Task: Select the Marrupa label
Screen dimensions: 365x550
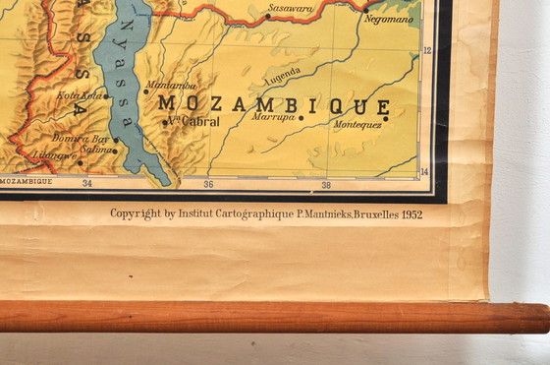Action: (x=273, y=116)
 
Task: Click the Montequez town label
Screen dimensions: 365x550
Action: (x=357, y=125)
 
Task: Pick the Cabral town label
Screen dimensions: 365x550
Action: (x=194, y=121)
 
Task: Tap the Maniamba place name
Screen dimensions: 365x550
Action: (x=171, y=85)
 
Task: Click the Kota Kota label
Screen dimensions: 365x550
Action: (x=80, y=95)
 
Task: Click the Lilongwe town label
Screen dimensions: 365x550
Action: (x=54, y=155)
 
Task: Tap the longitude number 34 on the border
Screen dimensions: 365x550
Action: (x=87, y=183)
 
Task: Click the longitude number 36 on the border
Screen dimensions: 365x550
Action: (x=208, y=183)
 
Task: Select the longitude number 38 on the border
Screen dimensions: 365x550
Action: (x=326, y=183)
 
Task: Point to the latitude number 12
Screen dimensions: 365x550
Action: (x=426, y=50)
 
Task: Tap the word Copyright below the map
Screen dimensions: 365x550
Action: (x=135, y=213)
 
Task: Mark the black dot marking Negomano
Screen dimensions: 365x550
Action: (x=366, y=10)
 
